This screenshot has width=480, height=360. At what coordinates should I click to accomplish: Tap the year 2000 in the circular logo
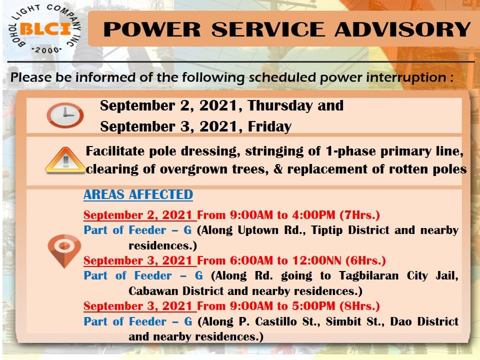coord(46,50)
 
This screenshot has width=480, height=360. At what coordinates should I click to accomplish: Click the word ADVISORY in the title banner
coord(402,29)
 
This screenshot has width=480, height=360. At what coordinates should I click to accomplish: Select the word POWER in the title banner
coord(152,29)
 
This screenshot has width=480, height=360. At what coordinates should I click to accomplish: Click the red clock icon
coord(65,115)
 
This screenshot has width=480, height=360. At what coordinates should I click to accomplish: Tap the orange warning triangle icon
coord(65,160)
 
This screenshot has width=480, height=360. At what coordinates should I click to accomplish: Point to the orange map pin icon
coord(64,251)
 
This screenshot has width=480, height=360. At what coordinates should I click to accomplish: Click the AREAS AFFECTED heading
coord(138,194)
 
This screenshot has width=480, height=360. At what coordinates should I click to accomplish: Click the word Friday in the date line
coord(269,126)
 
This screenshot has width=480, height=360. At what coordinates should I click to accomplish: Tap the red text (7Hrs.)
coord(359,215)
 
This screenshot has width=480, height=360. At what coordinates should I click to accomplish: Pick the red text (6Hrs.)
coord(365,260)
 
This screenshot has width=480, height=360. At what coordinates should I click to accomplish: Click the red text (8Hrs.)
coord(359,306)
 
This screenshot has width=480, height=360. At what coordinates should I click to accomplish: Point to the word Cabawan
coord(153,291)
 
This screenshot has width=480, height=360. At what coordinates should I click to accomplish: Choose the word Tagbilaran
coord(368,276)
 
